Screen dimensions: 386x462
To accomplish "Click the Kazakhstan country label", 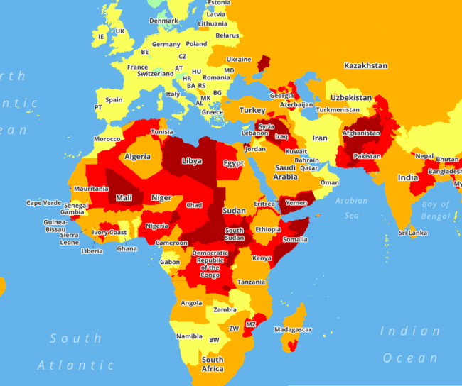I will point(365,65).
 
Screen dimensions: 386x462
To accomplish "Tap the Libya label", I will point(192,161).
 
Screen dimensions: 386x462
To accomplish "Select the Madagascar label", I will point(293,330).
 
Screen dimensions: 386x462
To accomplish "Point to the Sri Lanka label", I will point(412,233).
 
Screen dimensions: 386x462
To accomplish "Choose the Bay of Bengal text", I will point(435,210).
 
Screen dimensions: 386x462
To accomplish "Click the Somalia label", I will point(295,239).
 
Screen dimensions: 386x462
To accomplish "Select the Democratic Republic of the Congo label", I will point(210,265).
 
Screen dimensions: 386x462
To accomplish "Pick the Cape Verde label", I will point(44,203).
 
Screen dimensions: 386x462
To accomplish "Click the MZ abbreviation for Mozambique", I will point(250,324).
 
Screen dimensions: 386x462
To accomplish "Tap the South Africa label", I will point(212,364).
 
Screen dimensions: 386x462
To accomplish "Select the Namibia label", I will point(190,336).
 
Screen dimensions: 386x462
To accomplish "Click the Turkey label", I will point(252,110).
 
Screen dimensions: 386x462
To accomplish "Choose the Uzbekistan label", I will point(350,97).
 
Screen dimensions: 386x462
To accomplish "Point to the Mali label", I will point(124,197).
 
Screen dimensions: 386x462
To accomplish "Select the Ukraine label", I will point(239,59).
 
